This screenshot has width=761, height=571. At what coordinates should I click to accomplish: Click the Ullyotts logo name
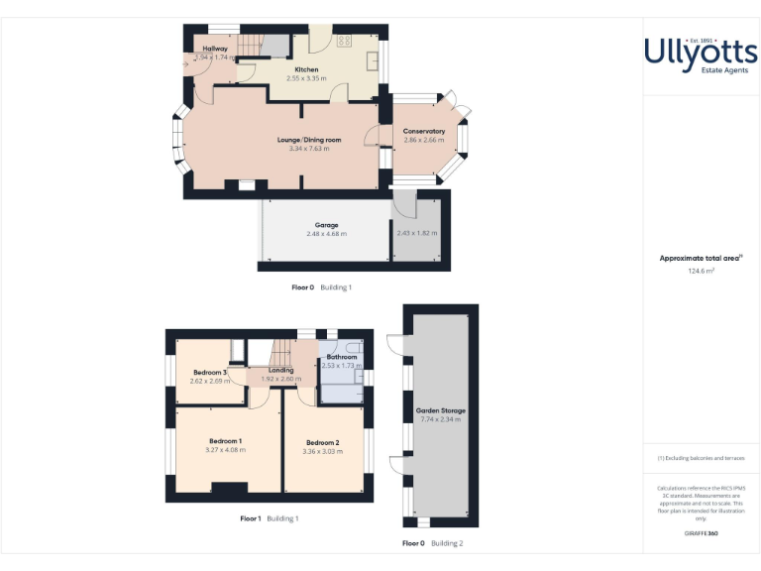701,51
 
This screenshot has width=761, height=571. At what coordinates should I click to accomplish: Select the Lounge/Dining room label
308,140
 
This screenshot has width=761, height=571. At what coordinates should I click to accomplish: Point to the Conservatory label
424,131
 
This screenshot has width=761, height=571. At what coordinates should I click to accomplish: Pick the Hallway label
215,49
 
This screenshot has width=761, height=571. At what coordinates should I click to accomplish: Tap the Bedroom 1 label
226,441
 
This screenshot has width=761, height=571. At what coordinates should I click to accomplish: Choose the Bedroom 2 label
323,442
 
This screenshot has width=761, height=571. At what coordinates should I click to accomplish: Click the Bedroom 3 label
210,372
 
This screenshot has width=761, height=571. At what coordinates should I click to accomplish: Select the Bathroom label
342,357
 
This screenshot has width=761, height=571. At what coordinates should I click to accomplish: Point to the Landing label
281,371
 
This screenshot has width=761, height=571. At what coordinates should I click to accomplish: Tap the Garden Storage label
441,410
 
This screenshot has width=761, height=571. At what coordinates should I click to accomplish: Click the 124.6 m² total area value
701,270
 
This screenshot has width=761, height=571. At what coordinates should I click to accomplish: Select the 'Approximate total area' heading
700,258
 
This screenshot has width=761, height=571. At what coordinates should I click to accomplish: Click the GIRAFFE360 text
701,533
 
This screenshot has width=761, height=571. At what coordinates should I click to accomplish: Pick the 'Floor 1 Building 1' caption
269,518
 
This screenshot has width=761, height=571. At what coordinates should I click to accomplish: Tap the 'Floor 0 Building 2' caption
432,543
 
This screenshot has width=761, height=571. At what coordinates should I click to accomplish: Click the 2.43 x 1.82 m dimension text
416,234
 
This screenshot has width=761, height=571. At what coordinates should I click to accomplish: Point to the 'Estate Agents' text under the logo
701,72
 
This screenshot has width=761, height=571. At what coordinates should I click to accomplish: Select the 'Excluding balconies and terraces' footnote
701,458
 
